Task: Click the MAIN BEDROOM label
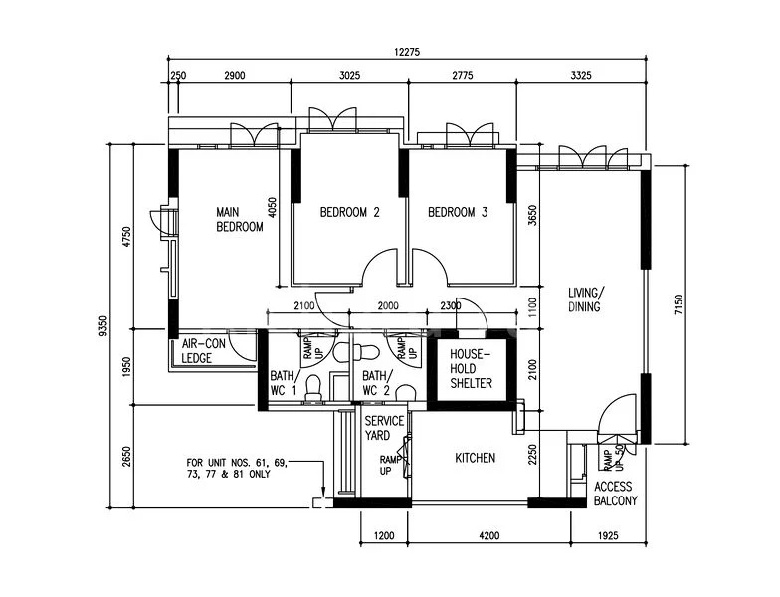(240, 219)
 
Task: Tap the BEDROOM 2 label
(349, 212)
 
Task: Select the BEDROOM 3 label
(458, 212)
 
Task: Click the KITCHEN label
(476, 458)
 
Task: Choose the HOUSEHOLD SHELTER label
(471, 369)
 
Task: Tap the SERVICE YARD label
(383, 428)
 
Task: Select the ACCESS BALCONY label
(616, 494)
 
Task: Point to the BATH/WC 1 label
(284, 383)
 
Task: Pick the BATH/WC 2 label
(377, 383)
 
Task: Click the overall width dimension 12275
(404, 53)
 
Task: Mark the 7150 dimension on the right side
(678, 304)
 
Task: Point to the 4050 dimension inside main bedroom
(272, 205)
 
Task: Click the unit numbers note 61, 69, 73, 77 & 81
(237, 469)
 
